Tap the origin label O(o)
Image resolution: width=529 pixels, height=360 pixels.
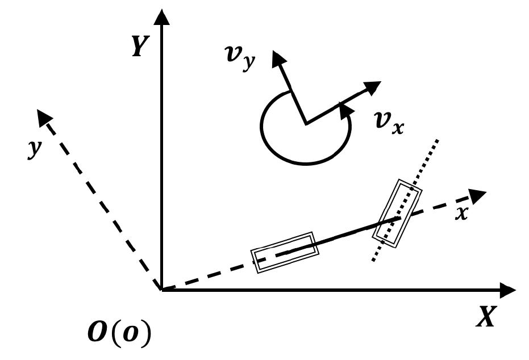pyautogui.click(x=120, y=334)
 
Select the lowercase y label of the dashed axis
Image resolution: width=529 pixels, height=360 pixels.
pyautogui.click(x=35, y=149)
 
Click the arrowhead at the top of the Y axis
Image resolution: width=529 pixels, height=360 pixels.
pyautogui.click(x=163, y=17)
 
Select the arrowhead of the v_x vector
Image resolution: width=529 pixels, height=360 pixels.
pyautogui.click(x=372, y=87)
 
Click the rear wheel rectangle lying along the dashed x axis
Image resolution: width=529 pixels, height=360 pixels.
pyautogui.click(x=285, y=252)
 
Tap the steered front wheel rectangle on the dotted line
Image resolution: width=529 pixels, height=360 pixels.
pyautogui.click(x=397, y=213)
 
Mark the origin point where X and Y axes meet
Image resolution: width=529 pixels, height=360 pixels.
pyautogui.click(x=163, y=290)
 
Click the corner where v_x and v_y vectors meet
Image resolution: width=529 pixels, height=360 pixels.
pyautogui.click(x=306, y=123)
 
